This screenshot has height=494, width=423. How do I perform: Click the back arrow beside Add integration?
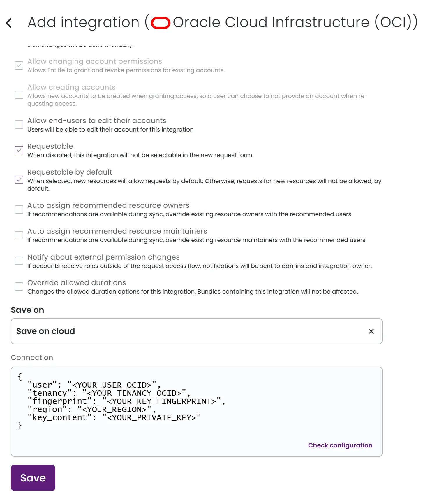[x=9, y=23]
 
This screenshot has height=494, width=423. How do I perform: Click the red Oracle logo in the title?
[x=161, y=23]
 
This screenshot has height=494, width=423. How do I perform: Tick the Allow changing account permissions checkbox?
[x=19, y=65]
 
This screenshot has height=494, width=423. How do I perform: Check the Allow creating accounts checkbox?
[x=19, y=95]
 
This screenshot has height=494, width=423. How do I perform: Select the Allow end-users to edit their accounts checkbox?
[x=19, y=125]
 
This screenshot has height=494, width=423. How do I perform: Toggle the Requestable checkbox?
[x=19, y=150]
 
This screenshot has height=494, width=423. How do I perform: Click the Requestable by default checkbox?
[x=19, y=180]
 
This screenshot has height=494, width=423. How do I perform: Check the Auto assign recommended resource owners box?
[x=19, y=209]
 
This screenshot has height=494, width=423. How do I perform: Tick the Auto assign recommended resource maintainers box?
[x=19, y=235]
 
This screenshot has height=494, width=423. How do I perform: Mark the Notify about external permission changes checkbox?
[x=19, y=261]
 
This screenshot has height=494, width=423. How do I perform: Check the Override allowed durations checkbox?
[x=19, y=287]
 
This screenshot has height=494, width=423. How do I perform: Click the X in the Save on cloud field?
[x=371, y=331]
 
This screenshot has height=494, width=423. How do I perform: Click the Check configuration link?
[x=340, y=445]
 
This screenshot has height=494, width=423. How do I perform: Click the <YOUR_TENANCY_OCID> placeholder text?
[x=134, y=393]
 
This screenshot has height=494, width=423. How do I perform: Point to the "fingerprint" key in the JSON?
[x=59, y=401]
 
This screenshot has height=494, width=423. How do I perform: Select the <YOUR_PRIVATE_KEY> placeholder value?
[x=151, y=417]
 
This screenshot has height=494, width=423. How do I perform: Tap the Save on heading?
[x=27, y=310]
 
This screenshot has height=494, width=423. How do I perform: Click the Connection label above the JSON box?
[x=32, y=358]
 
